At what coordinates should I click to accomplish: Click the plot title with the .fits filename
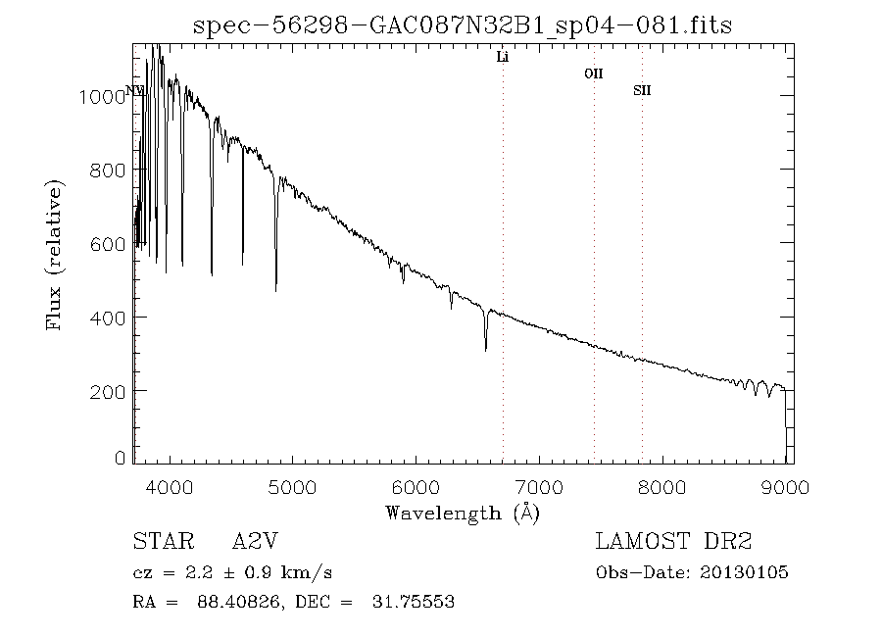(463, 24)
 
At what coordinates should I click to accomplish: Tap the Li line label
(503, 58)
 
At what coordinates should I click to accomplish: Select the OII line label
(593, 73)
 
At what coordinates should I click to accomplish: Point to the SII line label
(642, 91)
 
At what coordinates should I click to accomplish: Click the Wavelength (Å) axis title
(463, 513)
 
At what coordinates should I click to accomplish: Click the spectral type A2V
(260, 542)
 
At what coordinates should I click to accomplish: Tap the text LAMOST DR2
(673, 542)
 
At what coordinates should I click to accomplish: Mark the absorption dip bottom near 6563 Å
(486, 349)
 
